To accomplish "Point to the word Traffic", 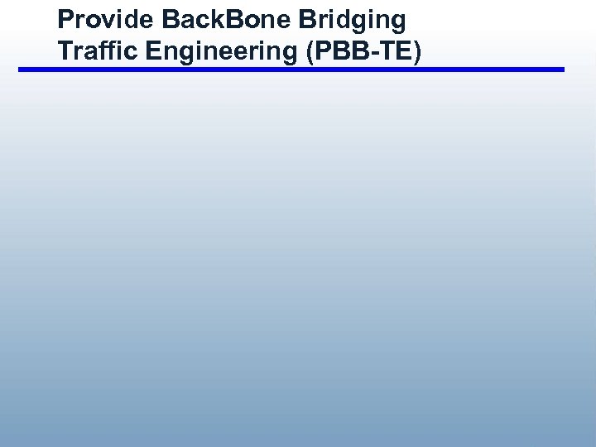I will point(91,51).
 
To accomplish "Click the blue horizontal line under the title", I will point(291,70).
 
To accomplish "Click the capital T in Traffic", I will point(64,51).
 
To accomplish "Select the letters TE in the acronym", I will point(395,51).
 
